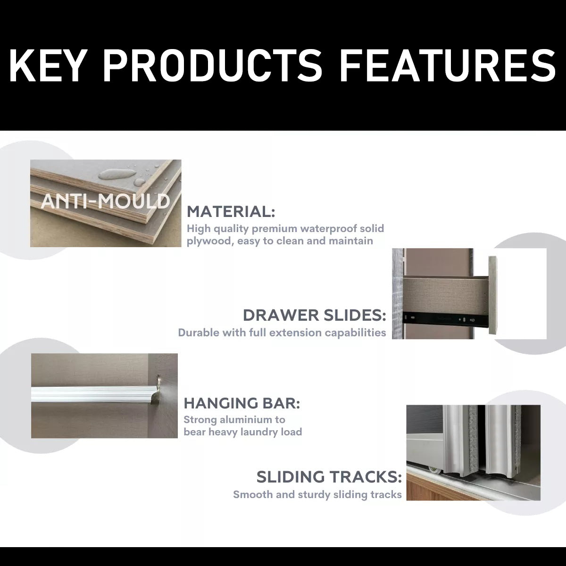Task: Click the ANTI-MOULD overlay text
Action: click(x=106, y=201)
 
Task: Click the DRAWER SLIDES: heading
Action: click(x=314, y=316)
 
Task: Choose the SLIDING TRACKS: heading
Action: click(x=329, y=477)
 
